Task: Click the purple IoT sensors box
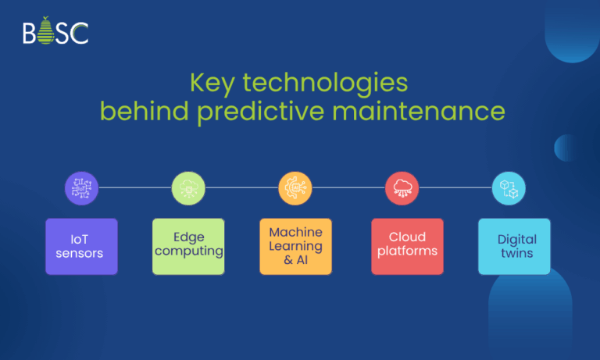pyautogui.click(x=81, y=246)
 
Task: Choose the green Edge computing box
pyautogui.click(x=188, y=246)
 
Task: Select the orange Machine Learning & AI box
pyautogui.click(x=295, y=246)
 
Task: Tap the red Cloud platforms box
pyautogui.click(x=407, y=246)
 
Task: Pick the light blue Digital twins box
pyautogui.click(x=514, y=246)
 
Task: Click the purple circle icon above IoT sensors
pyautogui.click(x=81, y=188)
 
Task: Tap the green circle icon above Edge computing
pyautogui.click(x=188, y=188)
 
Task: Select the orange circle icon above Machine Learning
pyautogui.click(x=295, y=188)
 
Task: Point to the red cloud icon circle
pyautogui.click(x=402, y=188)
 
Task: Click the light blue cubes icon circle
pyautogui.click(x=509, y=188)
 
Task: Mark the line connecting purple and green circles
pyautogui.click(x=134, y=188)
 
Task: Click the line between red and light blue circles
pyautogui.click(x=455, y=188)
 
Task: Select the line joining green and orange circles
pyautogui.click(x=241, y=188)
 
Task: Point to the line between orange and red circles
pyautogui.click(x=348, y=188)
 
